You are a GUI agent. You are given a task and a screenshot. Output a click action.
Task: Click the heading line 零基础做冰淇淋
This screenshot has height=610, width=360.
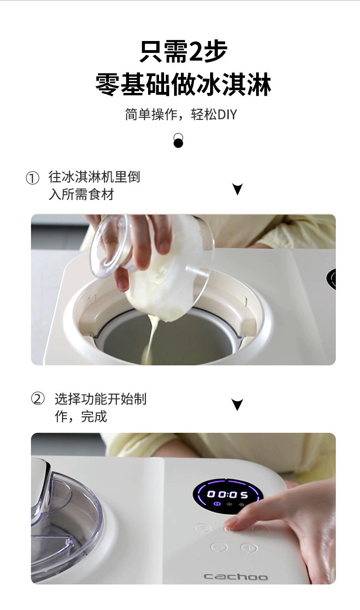[183, 84]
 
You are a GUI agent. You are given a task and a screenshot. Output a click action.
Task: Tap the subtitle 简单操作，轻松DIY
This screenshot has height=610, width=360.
[181, 114]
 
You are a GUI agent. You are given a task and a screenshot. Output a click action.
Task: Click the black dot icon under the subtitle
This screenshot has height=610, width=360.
[178, 141]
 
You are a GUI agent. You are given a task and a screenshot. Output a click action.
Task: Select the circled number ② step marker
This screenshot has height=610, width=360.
[38, 399]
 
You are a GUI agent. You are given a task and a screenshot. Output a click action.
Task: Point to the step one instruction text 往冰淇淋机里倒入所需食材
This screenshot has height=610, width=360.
[93, 185]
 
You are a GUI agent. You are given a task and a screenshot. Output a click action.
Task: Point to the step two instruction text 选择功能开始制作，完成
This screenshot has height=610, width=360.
[100, 407]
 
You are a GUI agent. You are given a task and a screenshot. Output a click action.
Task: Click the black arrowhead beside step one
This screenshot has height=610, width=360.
[237, 189]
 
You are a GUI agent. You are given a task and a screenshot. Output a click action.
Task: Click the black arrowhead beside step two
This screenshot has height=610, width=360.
[237, 404]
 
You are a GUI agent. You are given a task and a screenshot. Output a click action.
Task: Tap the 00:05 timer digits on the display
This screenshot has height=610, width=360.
[227, 495]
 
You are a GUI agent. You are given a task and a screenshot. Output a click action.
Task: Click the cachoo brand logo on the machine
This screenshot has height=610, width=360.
[235, 577]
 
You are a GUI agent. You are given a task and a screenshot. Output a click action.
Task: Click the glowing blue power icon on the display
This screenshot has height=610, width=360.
[217, 504]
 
